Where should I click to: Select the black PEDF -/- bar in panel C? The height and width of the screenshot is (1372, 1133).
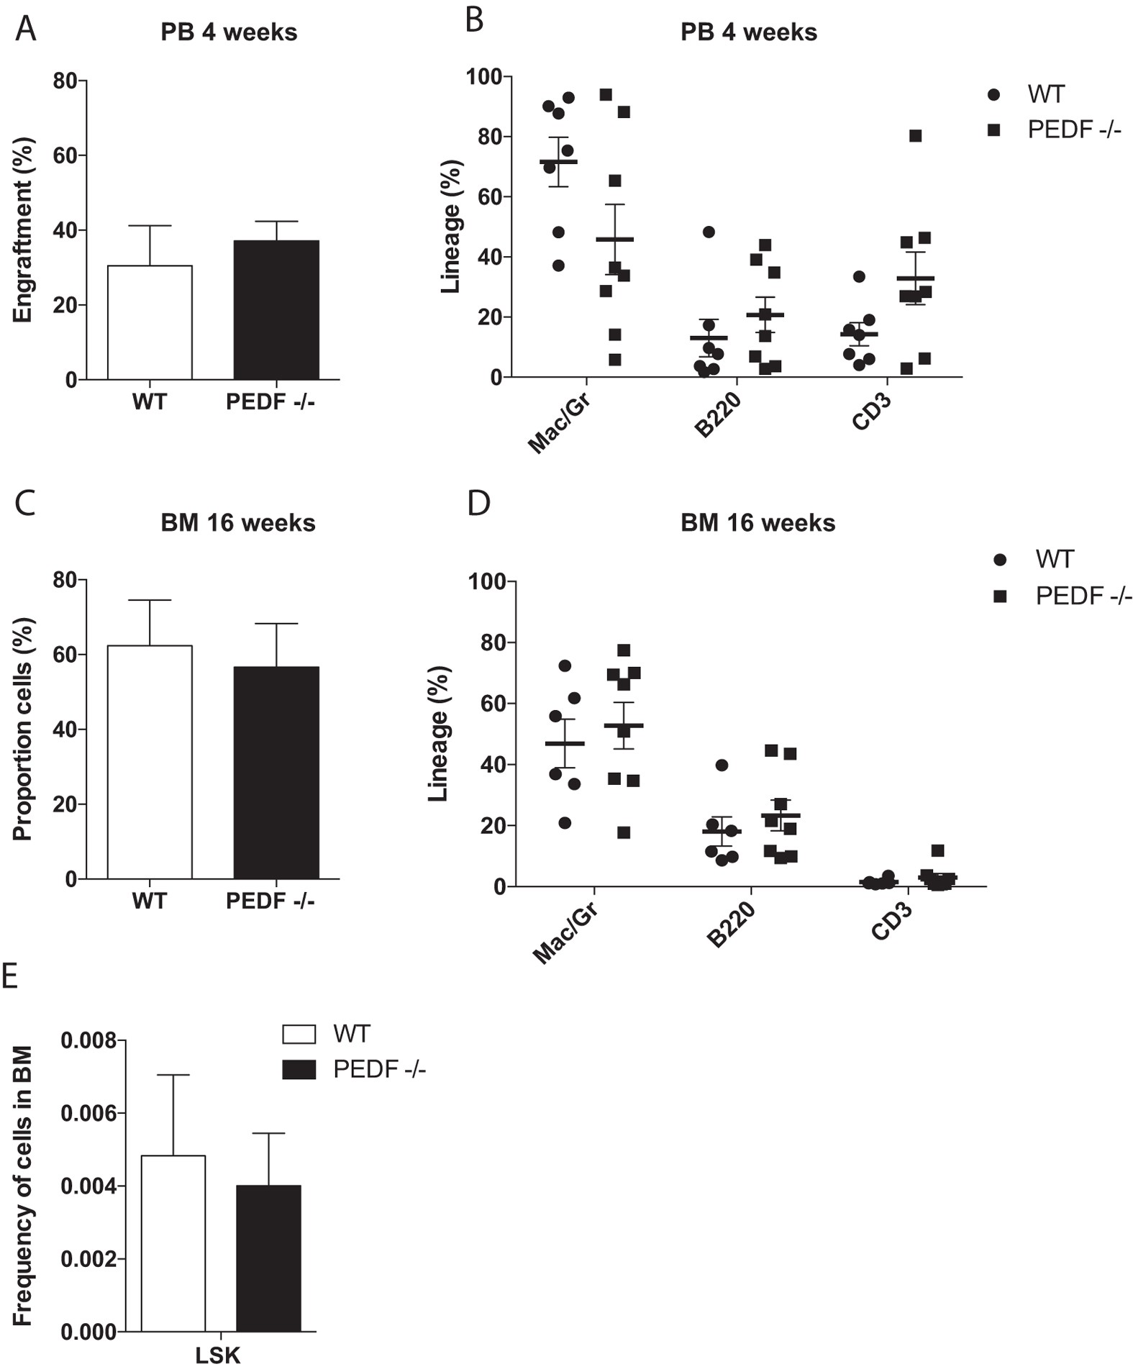click(276, 773)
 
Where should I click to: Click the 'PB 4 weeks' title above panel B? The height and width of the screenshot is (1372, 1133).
click(748, 32)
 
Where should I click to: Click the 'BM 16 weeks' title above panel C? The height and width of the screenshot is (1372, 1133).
click(238, 522)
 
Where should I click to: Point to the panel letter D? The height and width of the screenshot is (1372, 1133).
click(478, 503)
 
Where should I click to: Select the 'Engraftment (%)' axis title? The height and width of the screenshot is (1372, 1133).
click(23, 230)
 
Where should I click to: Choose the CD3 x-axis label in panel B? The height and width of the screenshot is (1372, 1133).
click(871, 412)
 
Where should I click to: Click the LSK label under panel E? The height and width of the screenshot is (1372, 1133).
click(218, 1356)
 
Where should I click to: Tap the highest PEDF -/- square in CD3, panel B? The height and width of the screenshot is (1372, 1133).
click(915, 136)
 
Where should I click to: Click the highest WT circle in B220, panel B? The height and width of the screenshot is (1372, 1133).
click(709, 232)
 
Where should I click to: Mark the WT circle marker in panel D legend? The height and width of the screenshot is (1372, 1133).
click(999, 560)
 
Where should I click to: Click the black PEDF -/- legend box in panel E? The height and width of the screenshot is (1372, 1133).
click(299, 1071)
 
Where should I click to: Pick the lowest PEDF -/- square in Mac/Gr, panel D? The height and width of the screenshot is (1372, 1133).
click(624, 832)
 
